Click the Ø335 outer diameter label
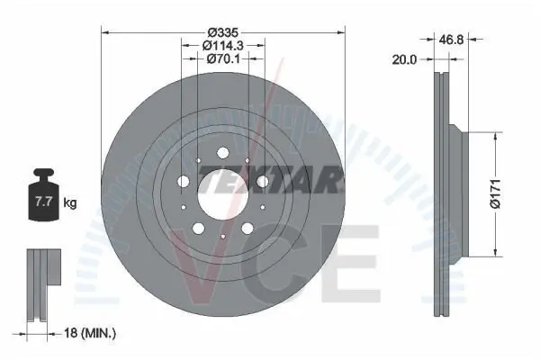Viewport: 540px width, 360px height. click(223, 32)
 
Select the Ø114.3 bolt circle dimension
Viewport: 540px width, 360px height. click(223, 45)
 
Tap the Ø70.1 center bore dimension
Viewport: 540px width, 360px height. click(223, 58)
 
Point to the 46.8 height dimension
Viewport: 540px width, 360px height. click(451, 40)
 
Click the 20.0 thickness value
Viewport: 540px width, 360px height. click(404, 59)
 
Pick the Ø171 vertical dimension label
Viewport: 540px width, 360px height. click(495, 194)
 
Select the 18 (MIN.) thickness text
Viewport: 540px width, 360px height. click(90, 333)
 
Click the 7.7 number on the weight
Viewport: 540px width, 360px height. click(44, 202)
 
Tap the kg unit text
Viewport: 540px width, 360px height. click(70, 202)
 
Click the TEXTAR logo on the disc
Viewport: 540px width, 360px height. click(272, 179)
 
